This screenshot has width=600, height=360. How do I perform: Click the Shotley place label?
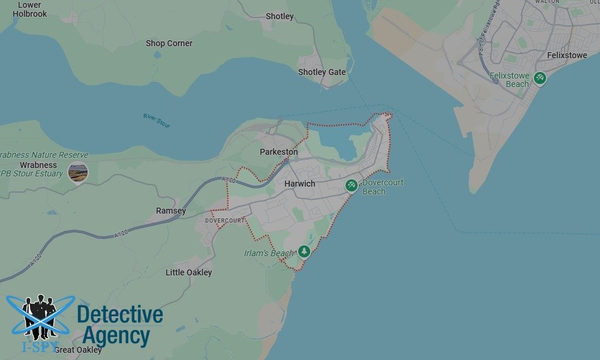pos(280,16)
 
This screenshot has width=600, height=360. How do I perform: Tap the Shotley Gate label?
pos(322,72)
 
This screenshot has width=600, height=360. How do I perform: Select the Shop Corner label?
pos(169,43)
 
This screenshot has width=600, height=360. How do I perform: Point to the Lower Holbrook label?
pos(29,9)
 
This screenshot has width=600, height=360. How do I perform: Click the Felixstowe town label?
pos(567,55)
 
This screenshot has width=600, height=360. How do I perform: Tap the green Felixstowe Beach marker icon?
pos(540,78)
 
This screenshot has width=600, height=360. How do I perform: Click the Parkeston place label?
pos(278,152)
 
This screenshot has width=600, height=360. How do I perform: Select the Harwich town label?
pos(299,184)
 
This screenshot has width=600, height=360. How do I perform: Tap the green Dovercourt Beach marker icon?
pos(352,185)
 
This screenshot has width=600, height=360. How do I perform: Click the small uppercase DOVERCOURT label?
pos(225,221)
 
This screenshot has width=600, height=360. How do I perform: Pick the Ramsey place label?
pos(171,211)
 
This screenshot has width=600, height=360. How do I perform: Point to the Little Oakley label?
pos(188,272)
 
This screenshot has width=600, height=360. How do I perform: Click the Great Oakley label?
pos(78,350)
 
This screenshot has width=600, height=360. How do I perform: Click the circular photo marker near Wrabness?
pos(78,172)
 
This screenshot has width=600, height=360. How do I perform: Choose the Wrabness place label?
pos(38,165)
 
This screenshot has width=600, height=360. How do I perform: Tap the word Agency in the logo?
pos(116,337)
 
